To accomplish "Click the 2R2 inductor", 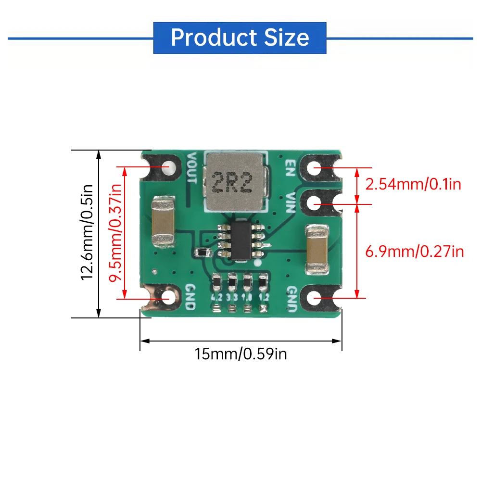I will pos(233,182).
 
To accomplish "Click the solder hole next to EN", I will pos(315,168).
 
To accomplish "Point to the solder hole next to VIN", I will pos(315,203).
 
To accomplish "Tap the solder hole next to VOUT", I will pos(168,167).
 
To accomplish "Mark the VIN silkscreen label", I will pos(290,203).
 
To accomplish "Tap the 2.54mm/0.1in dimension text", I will pos(413,184).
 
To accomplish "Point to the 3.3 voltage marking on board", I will pos(233,297).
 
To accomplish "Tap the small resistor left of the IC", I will pos(201,252).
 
